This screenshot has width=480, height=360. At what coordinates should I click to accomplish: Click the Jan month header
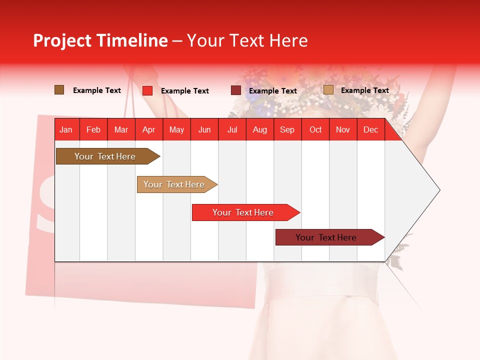[66, 129]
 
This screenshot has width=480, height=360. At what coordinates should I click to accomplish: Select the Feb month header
[93, 129]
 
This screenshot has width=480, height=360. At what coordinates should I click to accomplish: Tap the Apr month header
[148, 129]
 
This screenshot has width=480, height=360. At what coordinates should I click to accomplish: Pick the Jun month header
[204, 129]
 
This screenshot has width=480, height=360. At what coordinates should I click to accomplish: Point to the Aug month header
[259, 129]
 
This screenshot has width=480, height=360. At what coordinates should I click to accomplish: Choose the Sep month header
[287, 129]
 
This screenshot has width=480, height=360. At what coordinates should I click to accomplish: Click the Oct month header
[315, 129]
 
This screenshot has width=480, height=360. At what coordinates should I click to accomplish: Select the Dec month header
[370, 129]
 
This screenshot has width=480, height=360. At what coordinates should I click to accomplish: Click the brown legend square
[59, 90]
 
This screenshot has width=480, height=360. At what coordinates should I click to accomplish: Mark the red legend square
[147, 90]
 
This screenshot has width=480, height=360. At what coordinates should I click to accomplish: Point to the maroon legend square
[236, 90]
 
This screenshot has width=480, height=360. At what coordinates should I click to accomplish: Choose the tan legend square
[328, 90]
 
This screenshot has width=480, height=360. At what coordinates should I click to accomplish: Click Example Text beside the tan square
[364, 90]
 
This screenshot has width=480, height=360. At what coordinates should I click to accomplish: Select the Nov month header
[343, 129]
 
